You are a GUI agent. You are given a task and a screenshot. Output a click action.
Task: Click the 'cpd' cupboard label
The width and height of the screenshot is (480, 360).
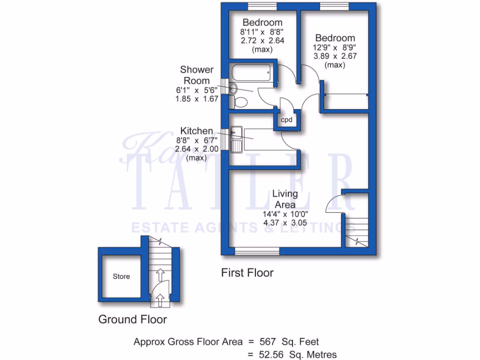(x=286, y=120)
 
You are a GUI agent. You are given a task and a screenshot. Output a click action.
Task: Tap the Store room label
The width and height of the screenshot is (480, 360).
(x=121, y=277)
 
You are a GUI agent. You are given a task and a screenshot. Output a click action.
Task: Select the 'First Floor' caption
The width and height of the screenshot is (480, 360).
(x=247, y=272)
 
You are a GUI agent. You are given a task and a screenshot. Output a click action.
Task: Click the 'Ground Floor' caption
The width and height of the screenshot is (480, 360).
(x=132, y=320)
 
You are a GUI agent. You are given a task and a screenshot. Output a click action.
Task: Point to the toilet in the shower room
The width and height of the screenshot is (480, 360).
(x=240, y=102)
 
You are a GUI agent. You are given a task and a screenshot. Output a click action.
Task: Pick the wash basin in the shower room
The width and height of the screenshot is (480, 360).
(x=234, y=88)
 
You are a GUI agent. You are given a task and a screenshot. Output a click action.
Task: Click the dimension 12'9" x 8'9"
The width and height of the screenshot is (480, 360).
(x=335, y=47)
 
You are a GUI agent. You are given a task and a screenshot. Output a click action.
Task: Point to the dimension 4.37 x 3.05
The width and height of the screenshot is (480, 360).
(x=285, y=223)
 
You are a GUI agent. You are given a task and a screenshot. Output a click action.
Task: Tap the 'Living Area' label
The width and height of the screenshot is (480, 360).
(x=285, y=199)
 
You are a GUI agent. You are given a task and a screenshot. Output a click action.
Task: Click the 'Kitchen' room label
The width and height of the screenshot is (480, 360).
(x=196, y=131)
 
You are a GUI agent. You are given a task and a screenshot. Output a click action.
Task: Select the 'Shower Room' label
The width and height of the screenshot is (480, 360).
(x=197, y=75)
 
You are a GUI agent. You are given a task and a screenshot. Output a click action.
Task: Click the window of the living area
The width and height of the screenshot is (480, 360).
(x=256, y=252)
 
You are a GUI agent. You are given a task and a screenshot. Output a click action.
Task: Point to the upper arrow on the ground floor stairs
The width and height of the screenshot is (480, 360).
(x=160, y=273)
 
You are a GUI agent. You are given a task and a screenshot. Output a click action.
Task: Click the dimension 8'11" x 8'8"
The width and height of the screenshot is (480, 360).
(x=262, y=32)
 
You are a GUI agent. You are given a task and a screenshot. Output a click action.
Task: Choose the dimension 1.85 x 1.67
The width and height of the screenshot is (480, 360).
(x=197, y=99)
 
